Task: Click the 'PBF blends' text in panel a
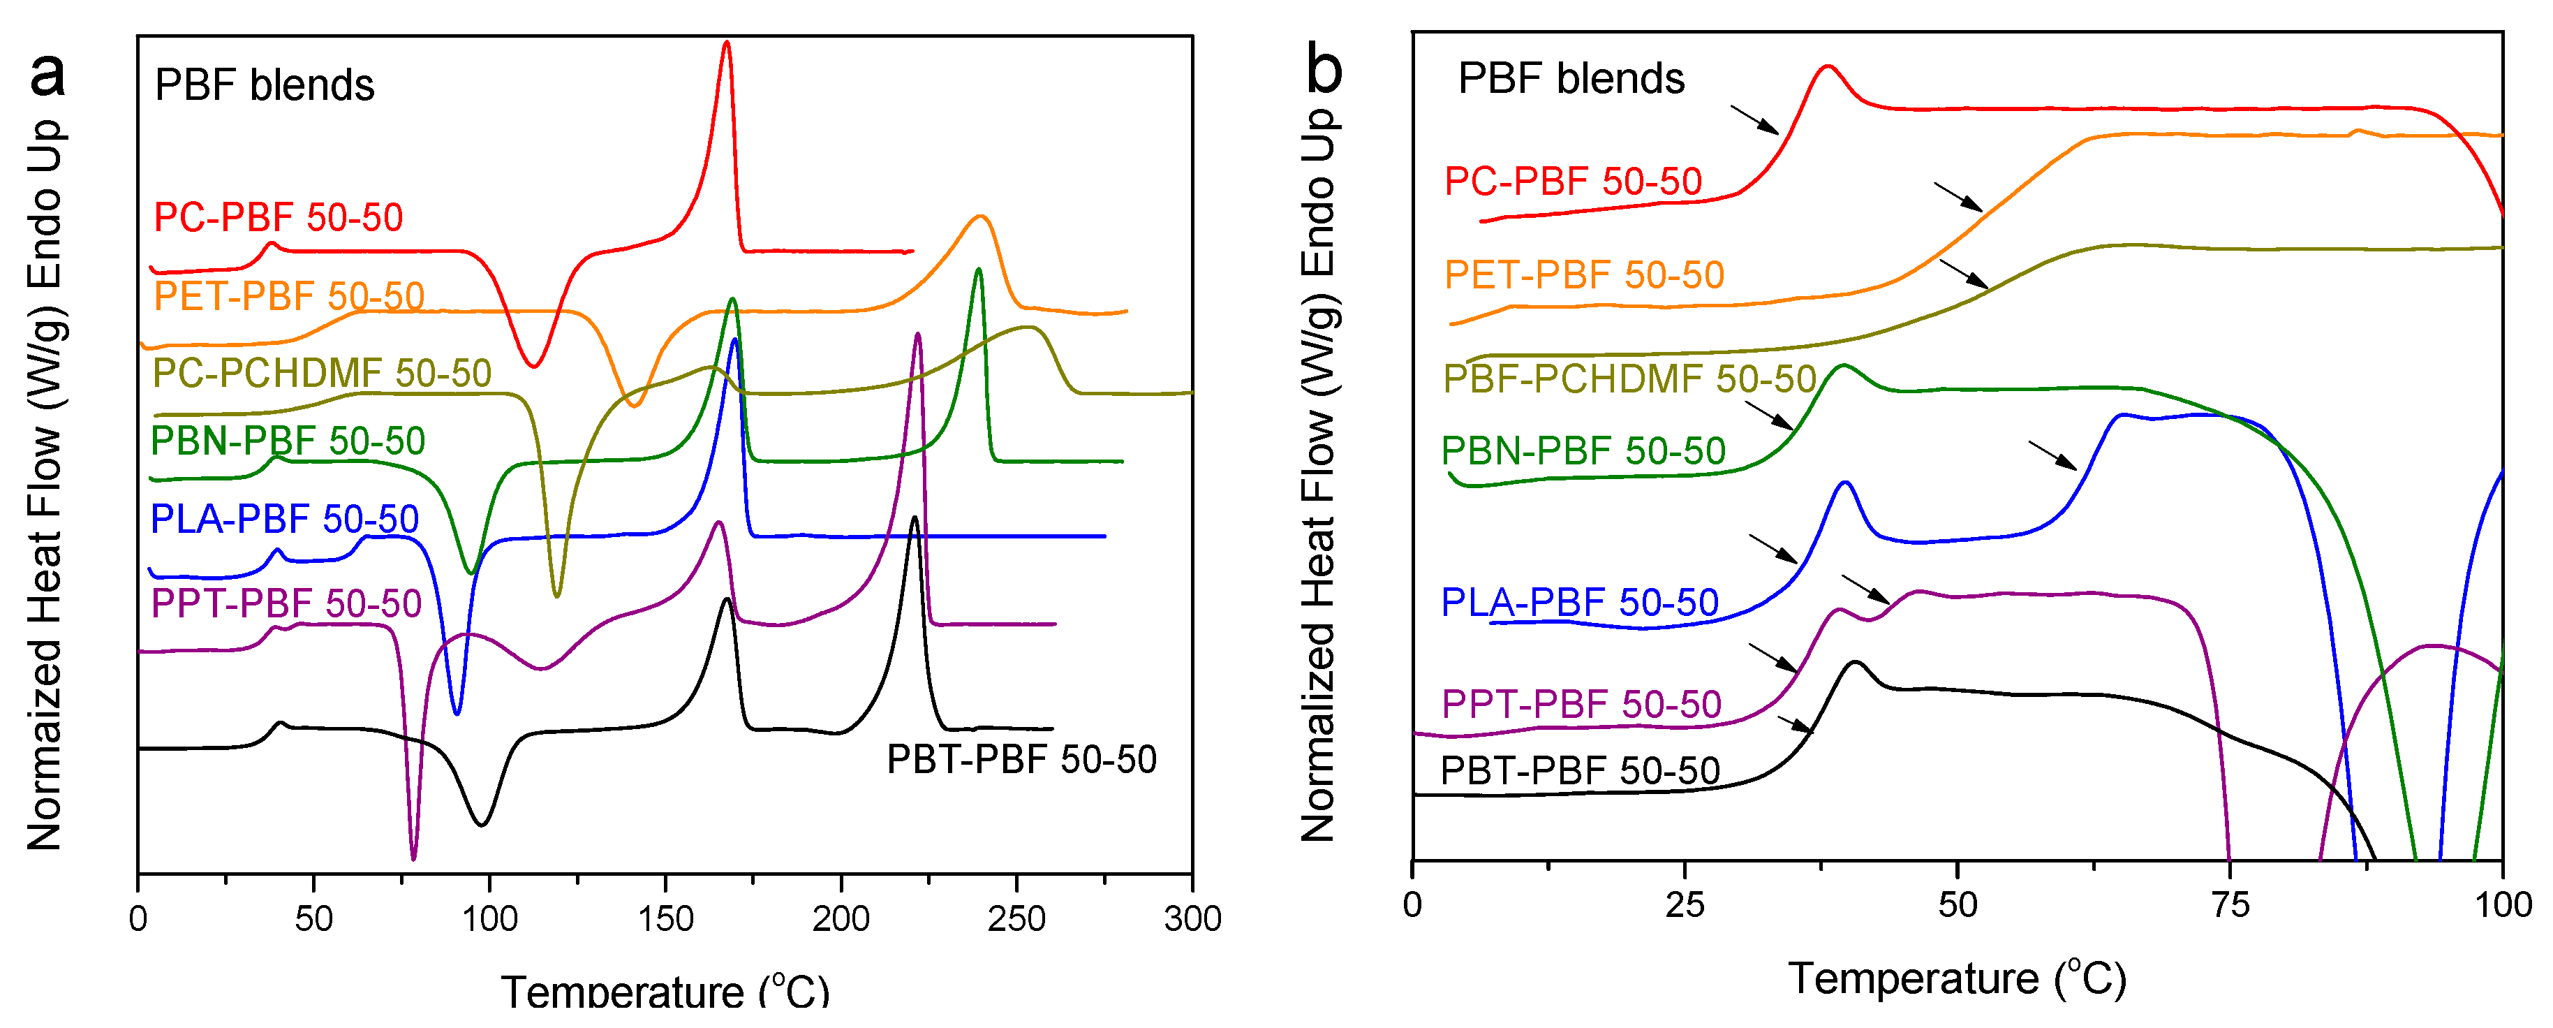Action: (x=265, y=85)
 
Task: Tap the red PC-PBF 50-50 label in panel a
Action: (x=279, y=217)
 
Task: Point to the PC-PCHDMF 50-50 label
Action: (x=322, y=374)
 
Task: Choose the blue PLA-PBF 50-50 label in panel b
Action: (x=1578, y=602)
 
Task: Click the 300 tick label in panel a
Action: (x=1192, y=919)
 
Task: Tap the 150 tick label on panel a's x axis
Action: (x=665, y=919)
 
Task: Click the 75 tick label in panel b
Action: (x=2230, y=905)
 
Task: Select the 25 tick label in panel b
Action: (x=1684, y=905)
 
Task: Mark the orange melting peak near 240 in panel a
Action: (x=980, y=218)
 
